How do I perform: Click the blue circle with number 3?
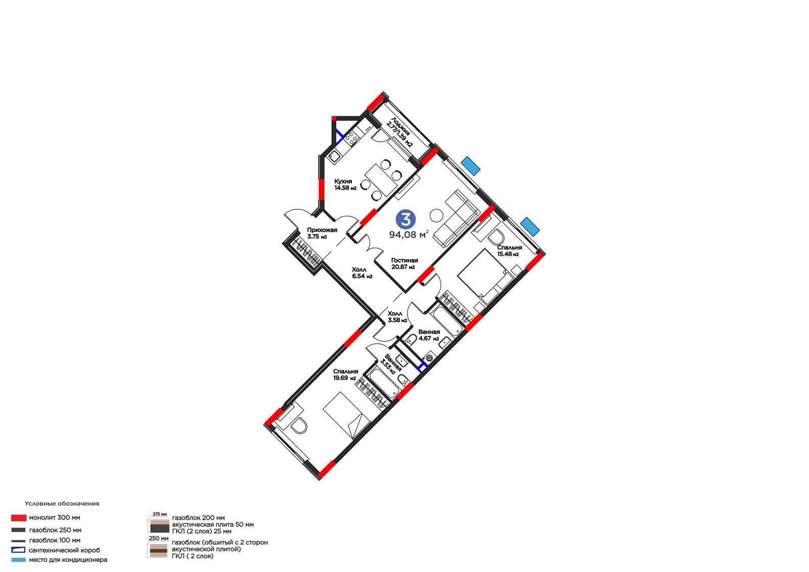click(x=406, y=219)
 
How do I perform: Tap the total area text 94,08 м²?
click(x=409, y=235)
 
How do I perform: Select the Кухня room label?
click(x=345, y=184)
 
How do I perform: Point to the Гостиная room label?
click(x=404, y=263)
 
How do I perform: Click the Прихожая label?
click(x=322, y=233)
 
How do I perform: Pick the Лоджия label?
click(x=399, y=133)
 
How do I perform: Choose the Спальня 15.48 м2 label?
click(x=509, y=250)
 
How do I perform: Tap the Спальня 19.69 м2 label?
click(x=345, y=374)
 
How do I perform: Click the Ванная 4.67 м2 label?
click(x=429, y=335)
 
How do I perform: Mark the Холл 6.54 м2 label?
click(x=362, y=273)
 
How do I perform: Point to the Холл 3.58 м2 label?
click(x=397, y=317)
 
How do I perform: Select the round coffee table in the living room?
click(x=436, y=216)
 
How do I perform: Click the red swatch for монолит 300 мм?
click(x=18, y=518)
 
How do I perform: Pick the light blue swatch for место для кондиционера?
click(x=18, y=560)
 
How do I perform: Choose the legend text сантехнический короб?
click(x=64, y=550)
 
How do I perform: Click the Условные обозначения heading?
click(x=62, y=503)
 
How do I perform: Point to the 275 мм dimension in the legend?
click(x=160, y=514)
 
